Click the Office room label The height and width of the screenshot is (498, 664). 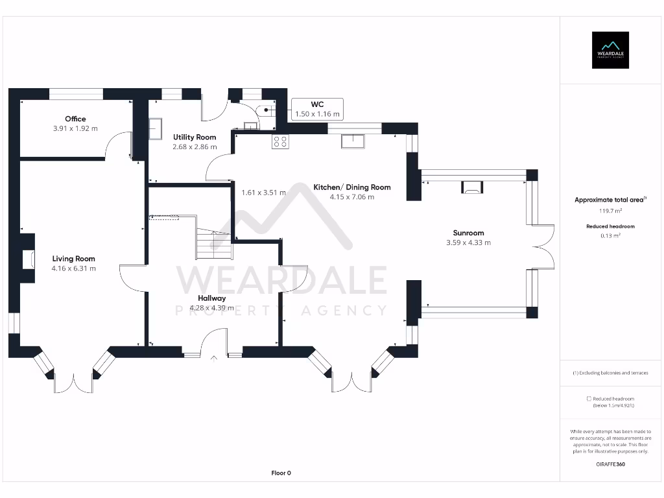pyautogui.click(x=75, y=119)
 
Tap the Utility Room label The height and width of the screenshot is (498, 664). pyautogui.click(x=195, y=137)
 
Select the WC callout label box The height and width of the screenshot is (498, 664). pyautogui.click(x=317, y=108)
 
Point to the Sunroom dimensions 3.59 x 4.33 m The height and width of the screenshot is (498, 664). pyautogui.click(x=468, y=243)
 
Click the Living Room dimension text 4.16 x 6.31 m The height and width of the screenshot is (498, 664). pyautogui.click(x=74, y=268)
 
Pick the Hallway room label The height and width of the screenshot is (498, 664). pyautogui.click(x=212, y=298)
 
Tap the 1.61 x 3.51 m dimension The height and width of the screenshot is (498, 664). pyautogui.click(x=263, y=193)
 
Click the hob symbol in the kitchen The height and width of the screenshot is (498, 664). pyautogui.click(x=281, y=141)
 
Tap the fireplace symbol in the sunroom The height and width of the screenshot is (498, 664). pyautogui.click(x=471, y=188)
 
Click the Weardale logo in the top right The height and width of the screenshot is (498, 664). pyautogui.click(x=610, y=50)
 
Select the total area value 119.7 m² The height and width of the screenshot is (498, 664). pyautogui.click(x=610, y=211)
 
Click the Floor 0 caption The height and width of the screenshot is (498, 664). pyautogui.click(x=281, y=473)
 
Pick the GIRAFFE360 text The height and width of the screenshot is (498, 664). pyautogui.click(x=610, y=464)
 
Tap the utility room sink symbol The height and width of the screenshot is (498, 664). pyautogui.click(x=156, y=128)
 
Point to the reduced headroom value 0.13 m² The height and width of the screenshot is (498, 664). pyautogui.click(x=610, y=236)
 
